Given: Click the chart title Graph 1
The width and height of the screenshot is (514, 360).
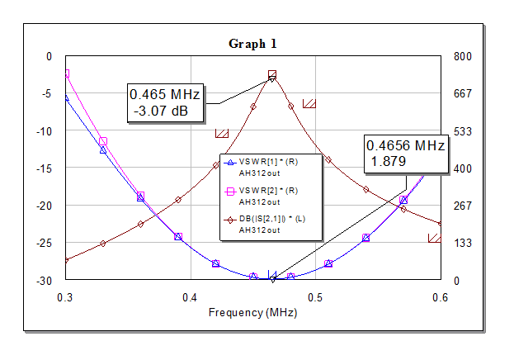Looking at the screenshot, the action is (252, 44).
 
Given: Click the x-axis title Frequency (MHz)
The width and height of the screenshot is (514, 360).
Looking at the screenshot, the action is (252, 312).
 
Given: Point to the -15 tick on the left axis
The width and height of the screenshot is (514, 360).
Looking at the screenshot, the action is (44, 168).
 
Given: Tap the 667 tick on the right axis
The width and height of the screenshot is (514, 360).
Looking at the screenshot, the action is (463, 93).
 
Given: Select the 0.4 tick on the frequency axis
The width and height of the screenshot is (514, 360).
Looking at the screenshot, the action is (190, 297).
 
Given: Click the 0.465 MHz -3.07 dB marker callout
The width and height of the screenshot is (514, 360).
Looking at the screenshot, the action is (165, 102).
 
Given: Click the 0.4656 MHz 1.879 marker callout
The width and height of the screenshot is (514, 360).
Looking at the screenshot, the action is (406, 154).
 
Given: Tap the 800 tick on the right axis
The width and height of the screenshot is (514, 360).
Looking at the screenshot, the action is (463, 56).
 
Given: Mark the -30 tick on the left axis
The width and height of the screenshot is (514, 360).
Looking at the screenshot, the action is (44, 281).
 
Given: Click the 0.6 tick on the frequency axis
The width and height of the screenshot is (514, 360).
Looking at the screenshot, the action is (441, 297).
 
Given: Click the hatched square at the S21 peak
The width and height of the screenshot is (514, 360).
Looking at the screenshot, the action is (272, 74).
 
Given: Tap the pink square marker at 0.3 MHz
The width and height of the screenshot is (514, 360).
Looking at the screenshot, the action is (67, 73).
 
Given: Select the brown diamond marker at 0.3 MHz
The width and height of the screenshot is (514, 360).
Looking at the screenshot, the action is (67, 260).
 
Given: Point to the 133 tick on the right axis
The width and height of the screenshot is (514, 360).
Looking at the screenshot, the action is (463, 244).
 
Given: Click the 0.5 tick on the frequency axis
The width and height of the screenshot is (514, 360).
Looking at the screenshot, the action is (315, 297).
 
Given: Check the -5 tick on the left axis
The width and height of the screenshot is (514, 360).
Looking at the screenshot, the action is (46, 94).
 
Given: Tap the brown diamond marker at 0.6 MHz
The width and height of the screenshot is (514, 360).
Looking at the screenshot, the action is (440, 224).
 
